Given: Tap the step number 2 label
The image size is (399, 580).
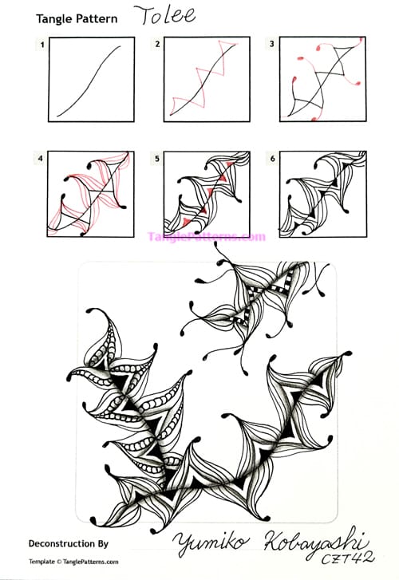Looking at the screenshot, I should point(158,45).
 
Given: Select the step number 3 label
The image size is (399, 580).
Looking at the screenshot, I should point(272,45).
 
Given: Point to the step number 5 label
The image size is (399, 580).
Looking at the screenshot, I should point(158,160).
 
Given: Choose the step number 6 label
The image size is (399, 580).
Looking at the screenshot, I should point(272,160).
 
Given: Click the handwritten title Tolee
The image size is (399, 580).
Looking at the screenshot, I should point(163,15).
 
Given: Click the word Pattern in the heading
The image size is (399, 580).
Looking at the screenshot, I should point(93,18).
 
